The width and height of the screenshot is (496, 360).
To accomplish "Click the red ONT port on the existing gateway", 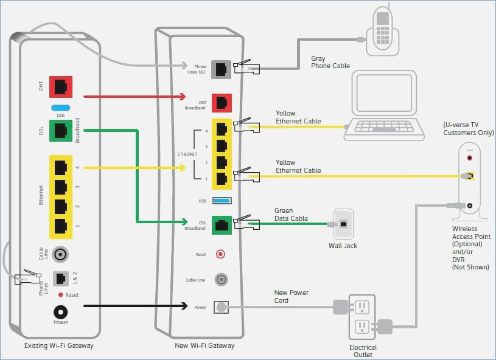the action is pos(61,87).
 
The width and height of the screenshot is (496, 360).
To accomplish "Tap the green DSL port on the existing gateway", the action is pos(61,131).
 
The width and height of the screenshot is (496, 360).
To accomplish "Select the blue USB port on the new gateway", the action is pos(222,201).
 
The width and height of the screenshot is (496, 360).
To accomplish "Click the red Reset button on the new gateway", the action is pos(220,254).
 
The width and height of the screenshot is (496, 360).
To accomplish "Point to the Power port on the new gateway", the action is pos(221,307).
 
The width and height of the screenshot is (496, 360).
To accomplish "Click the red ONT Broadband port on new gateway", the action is pos(222,103).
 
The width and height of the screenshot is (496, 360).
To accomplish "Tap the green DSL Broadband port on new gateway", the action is pos(222,226).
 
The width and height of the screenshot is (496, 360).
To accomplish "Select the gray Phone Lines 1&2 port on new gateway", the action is pos(221,69).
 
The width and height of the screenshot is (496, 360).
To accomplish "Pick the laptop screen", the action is pos(384,92).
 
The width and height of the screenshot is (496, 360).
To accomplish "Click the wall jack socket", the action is pos(343,224).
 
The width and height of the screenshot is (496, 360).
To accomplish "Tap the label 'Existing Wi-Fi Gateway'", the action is pos(59,345).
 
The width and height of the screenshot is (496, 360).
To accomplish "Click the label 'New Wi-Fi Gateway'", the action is pos(204,345).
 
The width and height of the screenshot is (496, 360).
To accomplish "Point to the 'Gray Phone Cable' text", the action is pos(330,62).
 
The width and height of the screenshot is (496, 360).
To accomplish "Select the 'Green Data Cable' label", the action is pos(291,214).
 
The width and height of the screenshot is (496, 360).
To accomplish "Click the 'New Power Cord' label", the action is pos(291,297).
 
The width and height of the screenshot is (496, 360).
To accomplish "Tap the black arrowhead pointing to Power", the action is pos(184,306).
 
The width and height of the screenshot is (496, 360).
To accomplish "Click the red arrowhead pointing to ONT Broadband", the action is pos(182,97).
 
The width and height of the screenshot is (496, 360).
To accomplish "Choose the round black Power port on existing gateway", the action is pos(60,313).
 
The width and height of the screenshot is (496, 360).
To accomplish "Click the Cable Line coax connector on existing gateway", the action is pos(60,254).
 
